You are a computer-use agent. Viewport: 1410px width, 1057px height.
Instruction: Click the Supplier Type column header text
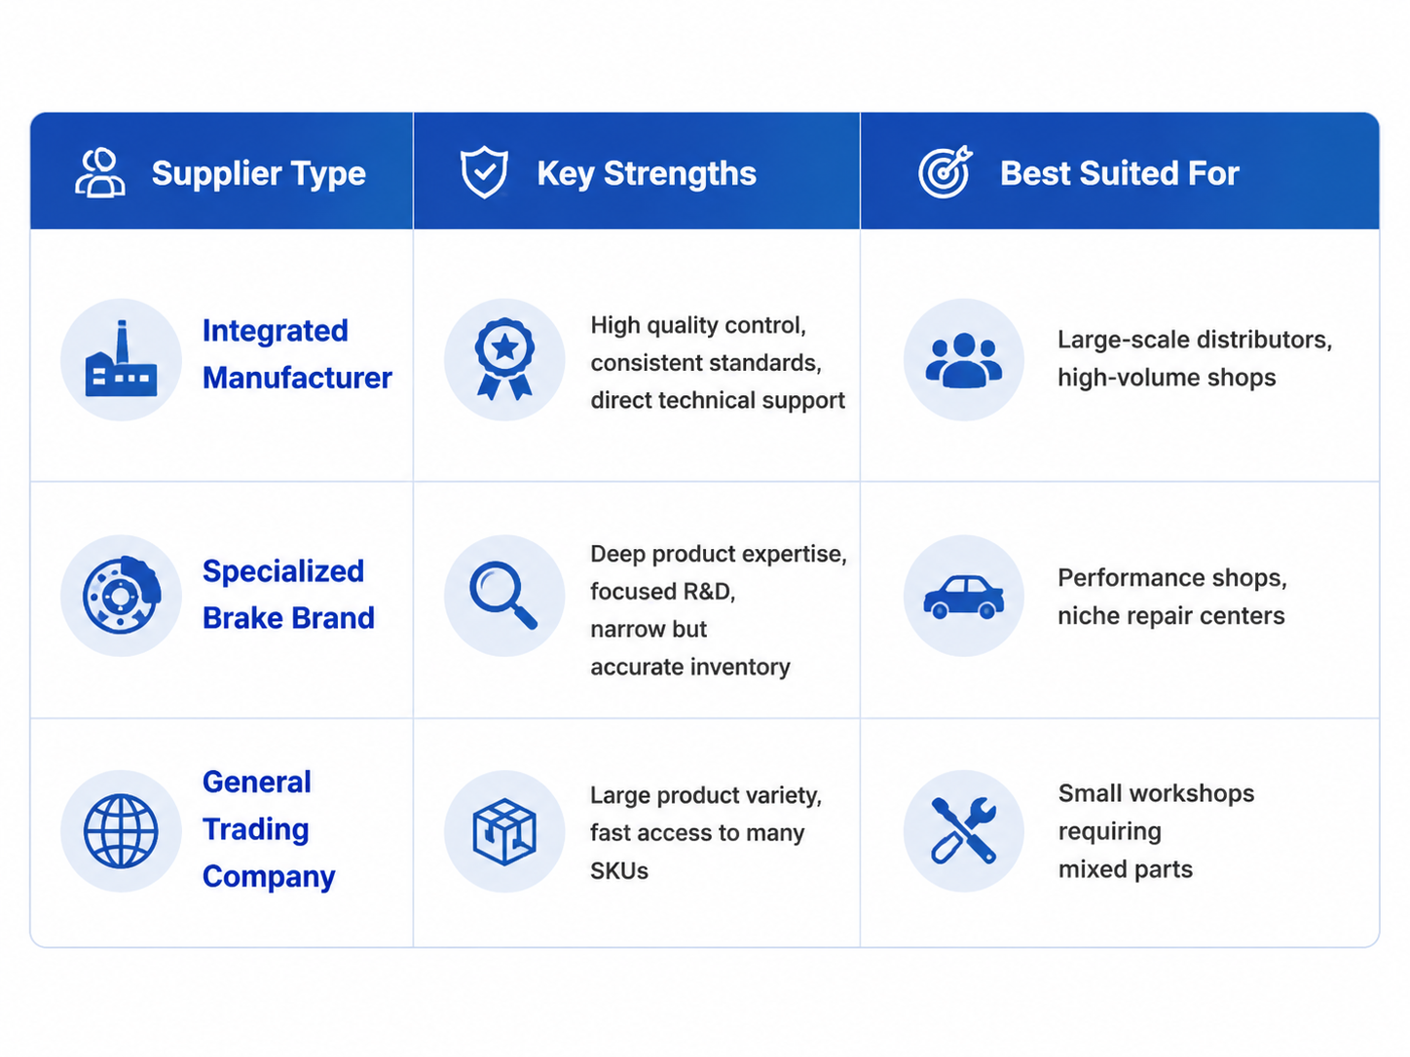pos(259,173)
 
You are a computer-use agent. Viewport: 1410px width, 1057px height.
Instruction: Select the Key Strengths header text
pos(647,173)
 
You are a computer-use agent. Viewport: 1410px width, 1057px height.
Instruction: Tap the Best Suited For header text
pos(1120,173)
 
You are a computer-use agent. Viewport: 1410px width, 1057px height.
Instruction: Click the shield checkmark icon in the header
pos(484,172)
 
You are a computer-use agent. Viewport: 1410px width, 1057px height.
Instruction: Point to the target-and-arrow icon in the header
pos(945,172)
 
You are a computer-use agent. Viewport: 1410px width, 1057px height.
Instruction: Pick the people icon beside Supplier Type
pos(100,172)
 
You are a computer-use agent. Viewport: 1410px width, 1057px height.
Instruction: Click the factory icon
pos(122,358)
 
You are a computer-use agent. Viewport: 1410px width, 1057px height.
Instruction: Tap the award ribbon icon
pos(505,359)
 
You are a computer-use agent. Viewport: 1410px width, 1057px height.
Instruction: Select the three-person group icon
pos(964,360)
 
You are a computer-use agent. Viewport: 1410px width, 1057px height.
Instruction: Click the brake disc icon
pos(122,595)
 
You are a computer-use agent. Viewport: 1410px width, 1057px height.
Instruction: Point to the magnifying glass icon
pos(503,595)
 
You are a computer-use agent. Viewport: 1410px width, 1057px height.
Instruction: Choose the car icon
pos(964,597)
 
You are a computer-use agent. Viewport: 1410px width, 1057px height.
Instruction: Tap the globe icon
pos(121,831)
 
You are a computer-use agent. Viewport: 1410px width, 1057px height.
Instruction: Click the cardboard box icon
pos(505,832)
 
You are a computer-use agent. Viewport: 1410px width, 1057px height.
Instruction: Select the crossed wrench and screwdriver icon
pos(964,830)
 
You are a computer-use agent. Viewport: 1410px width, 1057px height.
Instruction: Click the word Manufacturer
pos(297,378)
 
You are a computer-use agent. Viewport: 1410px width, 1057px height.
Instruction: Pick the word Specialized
pos(283,570)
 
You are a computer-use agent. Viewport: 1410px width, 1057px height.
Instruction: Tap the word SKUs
pos(619,871)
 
